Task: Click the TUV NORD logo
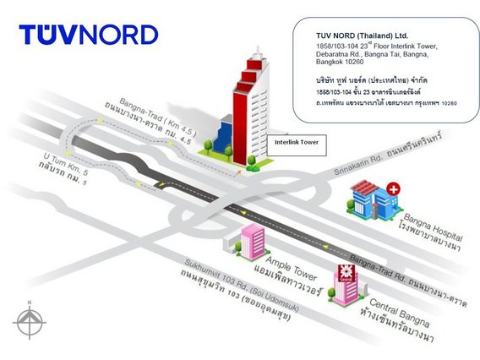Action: coord(89,35)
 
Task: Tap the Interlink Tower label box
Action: coord(297,145)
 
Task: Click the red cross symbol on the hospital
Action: coord(393,189)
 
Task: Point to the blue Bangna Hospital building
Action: coord(372,200)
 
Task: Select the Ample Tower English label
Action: coord(291,269)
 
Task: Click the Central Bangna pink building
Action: coord(346,286)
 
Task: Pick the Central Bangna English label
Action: coord(400,312)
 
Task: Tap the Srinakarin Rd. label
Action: coord(358,166)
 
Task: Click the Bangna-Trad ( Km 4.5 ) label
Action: coord(158,117)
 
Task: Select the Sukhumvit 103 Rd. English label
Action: coord(242,286)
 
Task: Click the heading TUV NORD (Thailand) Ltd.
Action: coord(363,35)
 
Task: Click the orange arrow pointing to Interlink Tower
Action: coord(238,173)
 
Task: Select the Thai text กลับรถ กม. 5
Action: coord(63,173)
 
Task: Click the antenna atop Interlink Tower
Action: coord(258,51)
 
